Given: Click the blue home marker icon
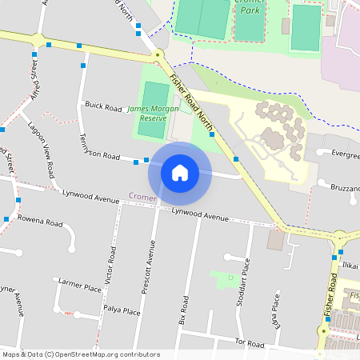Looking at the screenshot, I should pyautogui.click(x=180, y=172).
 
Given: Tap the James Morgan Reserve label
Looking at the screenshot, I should pyautogui.click(x=147, y=113).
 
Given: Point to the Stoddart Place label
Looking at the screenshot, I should pyautogui.click(x=247, y=279).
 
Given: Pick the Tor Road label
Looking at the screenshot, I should pyautogui.click(x=250, y=342).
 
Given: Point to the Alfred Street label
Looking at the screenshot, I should pyautogui.click(x=34, y=80).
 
